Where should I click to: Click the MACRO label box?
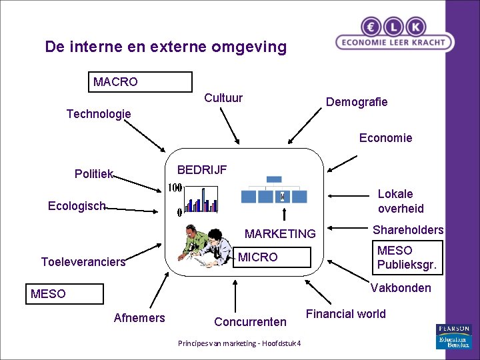140,82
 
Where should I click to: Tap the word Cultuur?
223,98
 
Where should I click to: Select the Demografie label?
356,102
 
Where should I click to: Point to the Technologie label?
99,114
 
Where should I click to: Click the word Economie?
385,138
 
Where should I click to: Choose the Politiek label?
94,174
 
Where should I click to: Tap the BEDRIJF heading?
201,170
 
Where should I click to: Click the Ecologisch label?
77,206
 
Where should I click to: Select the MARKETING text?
280,233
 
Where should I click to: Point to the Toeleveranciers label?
83,262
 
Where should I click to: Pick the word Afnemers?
139,317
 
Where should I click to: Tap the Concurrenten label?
250,322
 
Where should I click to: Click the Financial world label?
345,314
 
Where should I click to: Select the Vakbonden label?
400,288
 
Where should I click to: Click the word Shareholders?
408,230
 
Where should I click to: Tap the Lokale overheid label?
400,201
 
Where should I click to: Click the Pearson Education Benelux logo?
453,337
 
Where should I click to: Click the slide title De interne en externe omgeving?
165,47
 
